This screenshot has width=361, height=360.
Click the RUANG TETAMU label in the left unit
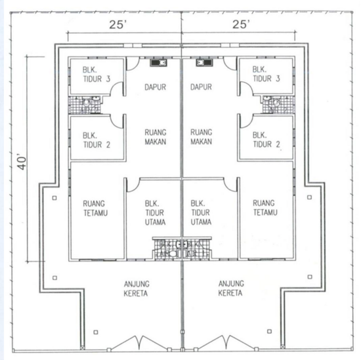coord(96,208)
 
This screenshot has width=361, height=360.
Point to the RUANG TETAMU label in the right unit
coord(263,208)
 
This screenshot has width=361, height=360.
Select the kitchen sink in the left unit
coord(158,64)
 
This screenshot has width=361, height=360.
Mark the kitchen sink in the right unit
coord(201,64)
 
